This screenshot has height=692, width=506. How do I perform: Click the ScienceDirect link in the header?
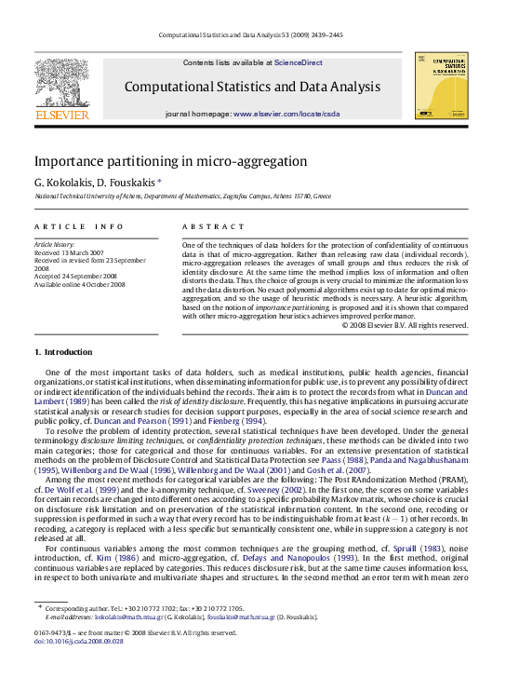click(299, 62)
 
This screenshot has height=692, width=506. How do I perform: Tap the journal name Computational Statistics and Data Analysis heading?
click(252, 87)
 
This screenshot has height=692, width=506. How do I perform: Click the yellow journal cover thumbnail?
click(441, 85)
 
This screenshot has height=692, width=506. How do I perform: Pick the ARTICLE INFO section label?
click(79, 226)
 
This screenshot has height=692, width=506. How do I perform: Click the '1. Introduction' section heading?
click(63, 352)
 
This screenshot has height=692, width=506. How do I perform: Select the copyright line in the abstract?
click(405, 325)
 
